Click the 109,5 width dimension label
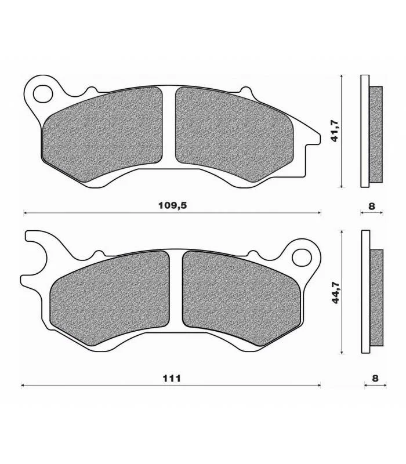pos(172,205)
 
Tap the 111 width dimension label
pos(172,378)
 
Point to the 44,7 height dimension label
pos(336,292)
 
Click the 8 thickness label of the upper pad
pos(372,206)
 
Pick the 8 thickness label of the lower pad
pos(375,378)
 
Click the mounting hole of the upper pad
pos(43,94)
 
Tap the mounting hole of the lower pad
pos(302,258)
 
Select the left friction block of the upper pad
pos(102,134)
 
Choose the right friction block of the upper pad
pos(234,134)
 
